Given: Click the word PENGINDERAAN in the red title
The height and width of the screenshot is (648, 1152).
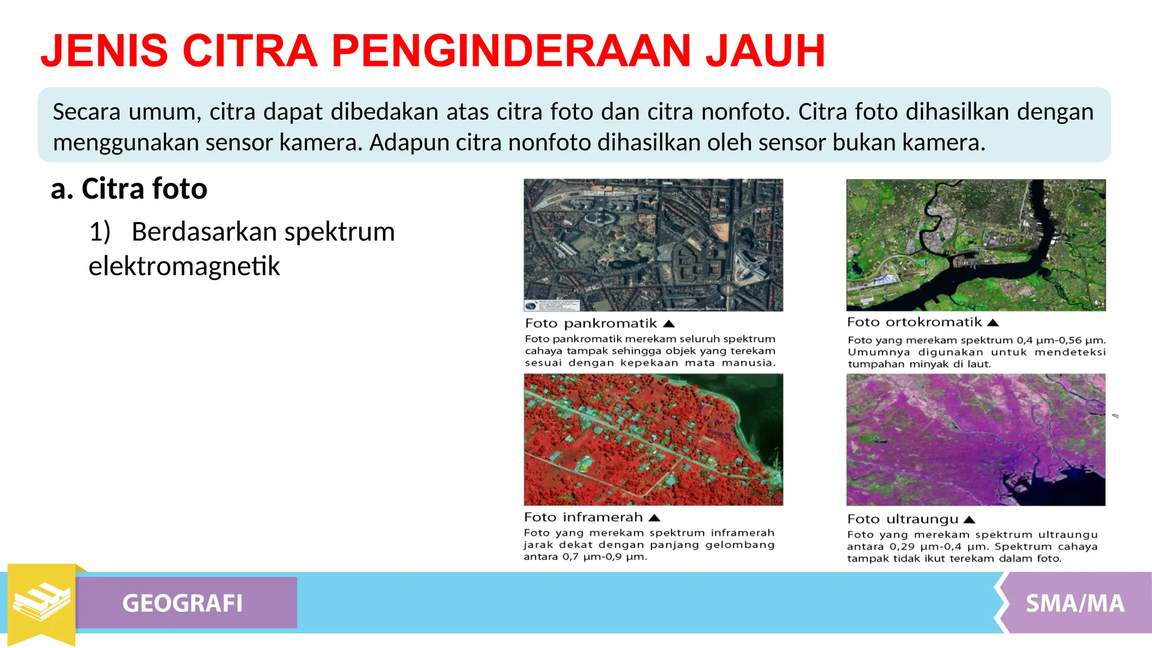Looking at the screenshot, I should pyautogui.click(x=511, y=51).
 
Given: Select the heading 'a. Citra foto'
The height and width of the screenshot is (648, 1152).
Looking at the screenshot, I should pyautogui.click(x=129, y=188).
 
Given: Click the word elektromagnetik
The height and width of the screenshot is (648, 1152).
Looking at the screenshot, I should pyautogui.click(x=184, y=266).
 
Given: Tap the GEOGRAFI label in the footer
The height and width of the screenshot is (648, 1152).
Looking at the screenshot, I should pyautogui.click(x=182, y=603).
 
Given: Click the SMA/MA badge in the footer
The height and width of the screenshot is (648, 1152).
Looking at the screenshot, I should pyautogui.click(x=1074, y=604).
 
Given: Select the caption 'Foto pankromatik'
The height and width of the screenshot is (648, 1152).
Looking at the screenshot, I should pyautogui.click(x=591, y=323).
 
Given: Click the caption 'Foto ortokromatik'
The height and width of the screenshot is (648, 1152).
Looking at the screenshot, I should pyautogui.click(x=914, y=322).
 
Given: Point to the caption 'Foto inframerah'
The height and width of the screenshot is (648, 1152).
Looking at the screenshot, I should pyautogui.click(x=583, y=517).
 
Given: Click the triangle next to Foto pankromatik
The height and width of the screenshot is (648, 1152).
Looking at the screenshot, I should pyautogui.click(x=668, y=324).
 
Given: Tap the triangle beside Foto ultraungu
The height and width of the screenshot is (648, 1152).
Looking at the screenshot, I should pyautogui.click(x=969, y=520).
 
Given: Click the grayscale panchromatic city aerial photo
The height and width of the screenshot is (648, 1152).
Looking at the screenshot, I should pyautogui.click(x=653, y=245).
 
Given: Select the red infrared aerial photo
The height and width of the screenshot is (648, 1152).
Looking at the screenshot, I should pyautogui.click(x=653, y=439).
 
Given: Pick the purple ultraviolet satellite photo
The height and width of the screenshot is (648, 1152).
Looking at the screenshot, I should pyautogui.click(x=975, y=439).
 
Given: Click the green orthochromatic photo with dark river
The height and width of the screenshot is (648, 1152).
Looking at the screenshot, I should pyautogui.click(x=975, y=245).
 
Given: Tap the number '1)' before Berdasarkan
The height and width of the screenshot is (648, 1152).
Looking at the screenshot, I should pyautogui.click(x=100, y=232).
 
